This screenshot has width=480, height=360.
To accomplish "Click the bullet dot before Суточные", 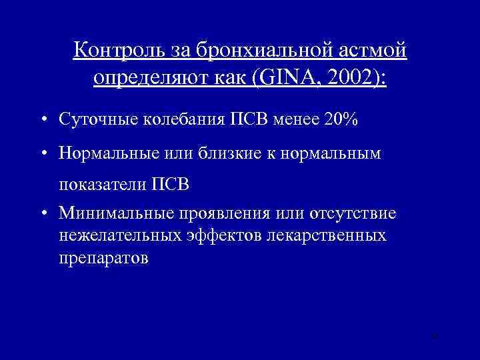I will coord(43,121).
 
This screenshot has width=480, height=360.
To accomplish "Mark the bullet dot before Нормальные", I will coord(43,154).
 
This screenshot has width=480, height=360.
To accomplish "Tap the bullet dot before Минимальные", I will coord(43,214).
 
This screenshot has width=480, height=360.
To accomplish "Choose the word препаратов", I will coord(103,257).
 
